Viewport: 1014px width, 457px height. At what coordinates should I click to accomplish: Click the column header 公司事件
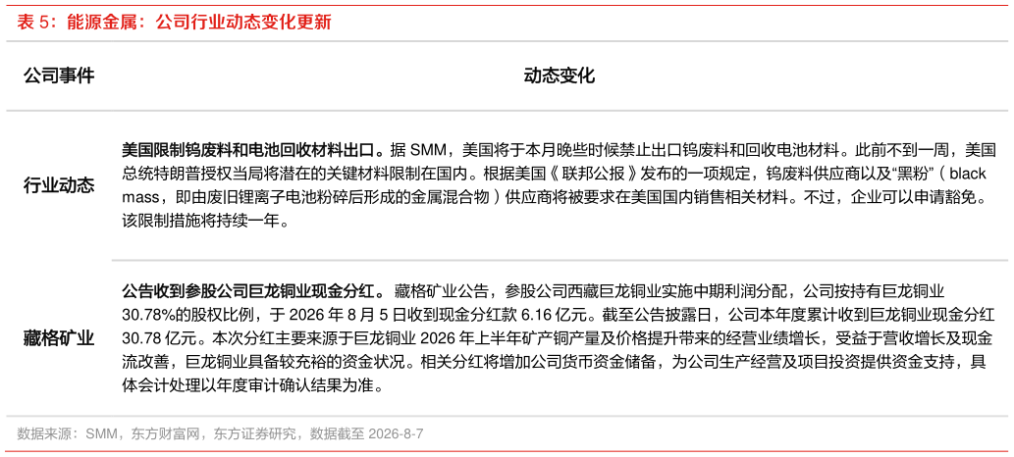(59, 76)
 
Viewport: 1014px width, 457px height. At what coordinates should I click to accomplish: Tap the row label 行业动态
(59, 186)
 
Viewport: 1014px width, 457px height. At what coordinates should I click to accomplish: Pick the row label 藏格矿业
(59, 338)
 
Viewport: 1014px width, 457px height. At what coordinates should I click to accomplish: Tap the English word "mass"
(139, 198)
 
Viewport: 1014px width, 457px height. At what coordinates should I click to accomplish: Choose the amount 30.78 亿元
(152, 336)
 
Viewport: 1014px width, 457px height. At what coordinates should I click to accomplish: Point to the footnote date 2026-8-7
(396, 433)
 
